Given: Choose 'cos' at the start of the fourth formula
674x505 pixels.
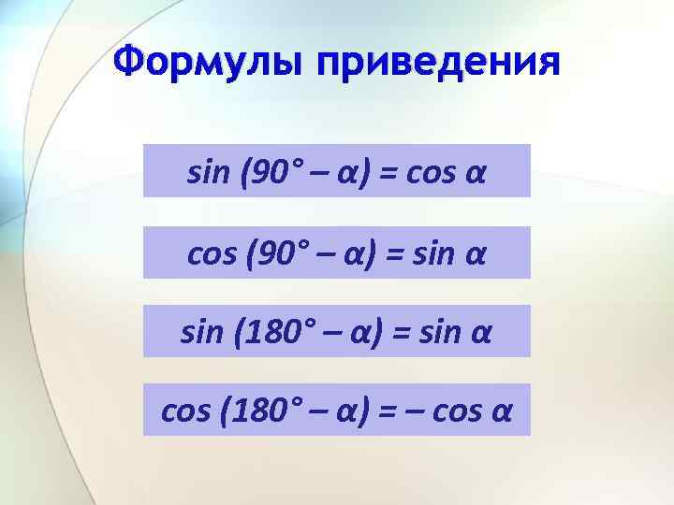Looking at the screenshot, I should (x=183, y=411).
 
